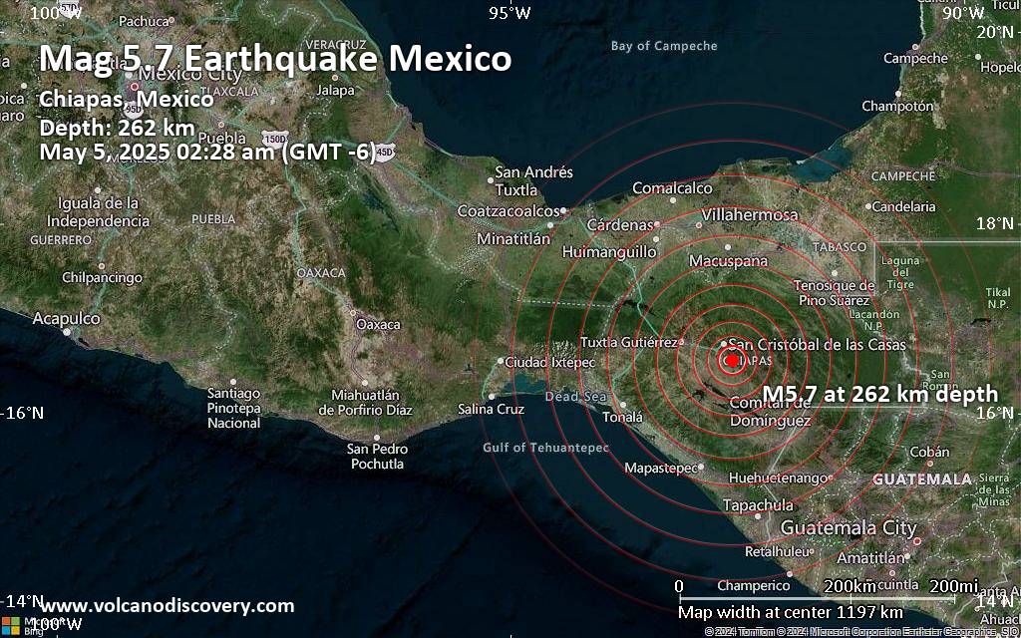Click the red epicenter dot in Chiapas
coord(732,360)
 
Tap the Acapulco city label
coord(66,318)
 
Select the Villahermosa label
coord(750,214)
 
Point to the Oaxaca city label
coord(378,324)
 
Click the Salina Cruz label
coord(491,409)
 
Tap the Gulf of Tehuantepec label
coord(545,448)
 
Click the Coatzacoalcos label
coord(509,211)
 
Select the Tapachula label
coord(758,505)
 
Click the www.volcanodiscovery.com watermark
coord(167,605)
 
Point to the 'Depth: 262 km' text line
coord(117,128)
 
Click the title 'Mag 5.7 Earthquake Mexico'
coord(275,59)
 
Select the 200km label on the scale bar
coord(850,585)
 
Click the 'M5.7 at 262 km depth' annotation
coord(879,395)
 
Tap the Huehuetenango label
coord(779,478)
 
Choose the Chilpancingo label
coord(102,278)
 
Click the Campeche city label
coord(914,59)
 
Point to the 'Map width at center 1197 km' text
coord(790,611)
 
